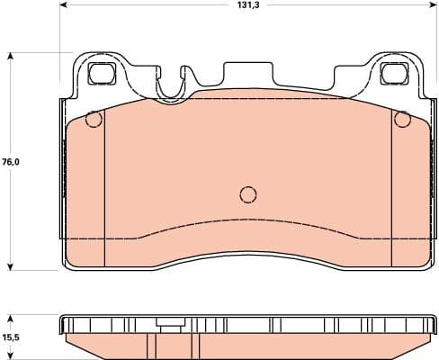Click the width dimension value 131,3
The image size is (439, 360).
tap(246, 5)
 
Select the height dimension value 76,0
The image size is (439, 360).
tap(11, 162)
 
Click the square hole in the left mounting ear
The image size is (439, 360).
tap(100, 73)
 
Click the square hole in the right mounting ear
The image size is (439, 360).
tap(393, 73)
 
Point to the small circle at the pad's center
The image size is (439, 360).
tap(248, 193)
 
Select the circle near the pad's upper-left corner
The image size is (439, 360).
tap(93, 119)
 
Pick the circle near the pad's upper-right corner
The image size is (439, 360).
tap(402, 119)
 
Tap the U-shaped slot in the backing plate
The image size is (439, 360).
tap(173, 83)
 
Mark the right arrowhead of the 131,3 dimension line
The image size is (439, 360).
tap(429, 5)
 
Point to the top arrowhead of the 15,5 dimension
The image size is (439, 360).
tap(11, 318)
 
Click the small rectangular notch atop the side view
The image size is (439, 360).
tap(168, 322)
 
